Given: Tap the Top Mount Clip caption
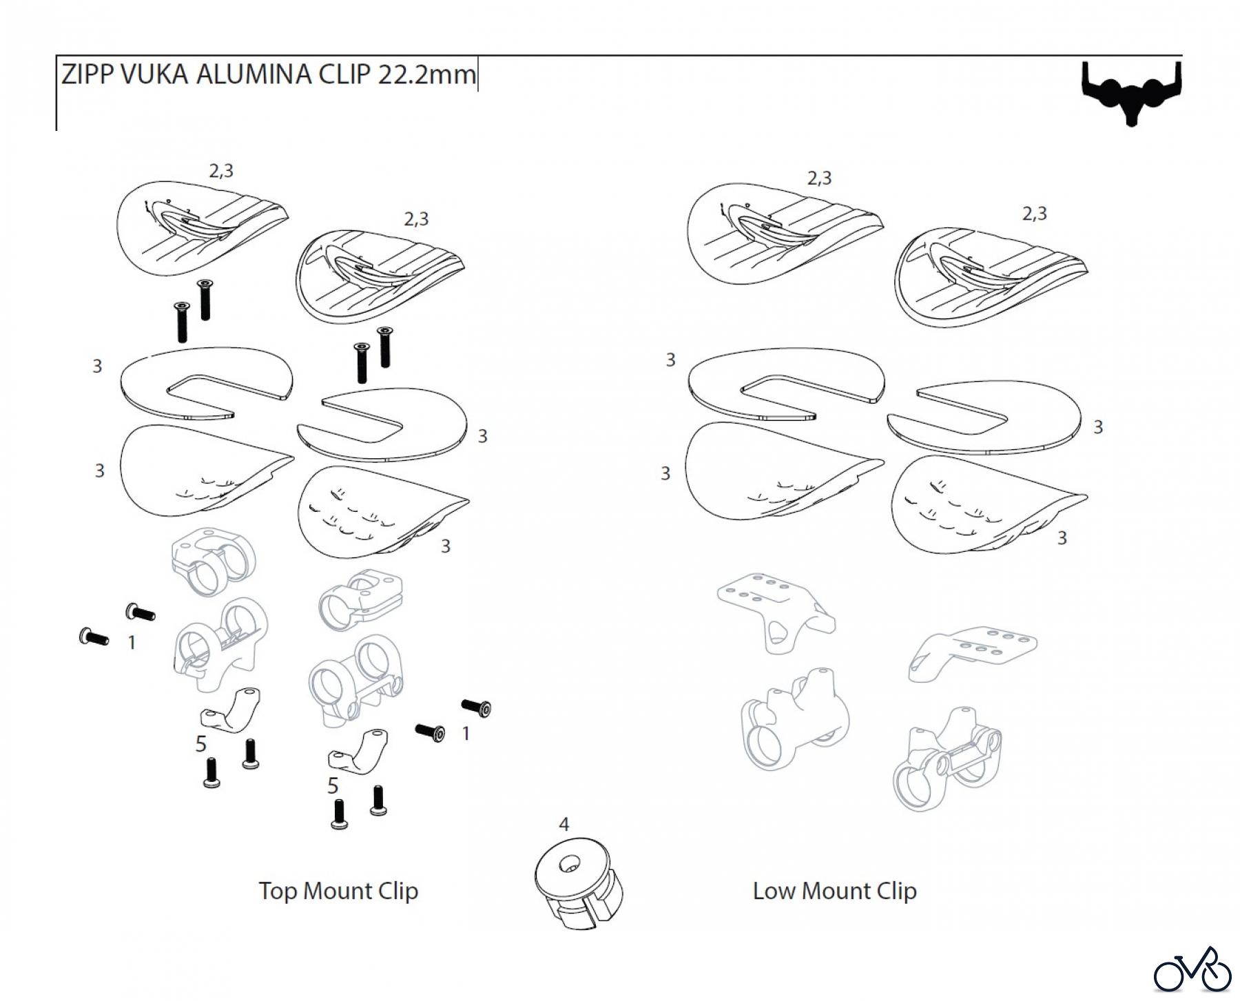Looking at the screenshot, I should click(338, 891).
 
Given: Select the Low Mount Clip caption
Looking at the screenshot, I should click(834, 891).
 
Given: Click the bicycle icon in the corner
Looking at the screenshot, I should click(1192, 970).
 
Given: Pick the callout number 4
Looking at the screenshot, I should click(564, 824).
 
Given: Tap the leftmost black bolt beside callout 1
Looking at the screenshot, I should click(94, 637).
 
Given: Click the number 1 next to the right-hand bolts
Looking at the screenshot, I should click(466, 734).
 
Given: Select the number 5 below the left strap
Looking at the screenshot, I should click(200, 744).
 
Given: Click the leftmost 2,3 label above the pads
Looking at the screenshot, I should click(221, 170).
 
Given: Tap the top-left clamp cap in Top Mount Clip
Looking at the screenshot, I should click(212, 559).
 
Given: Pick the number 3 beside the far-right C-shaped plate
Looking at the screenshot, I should click(1097, 427).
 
